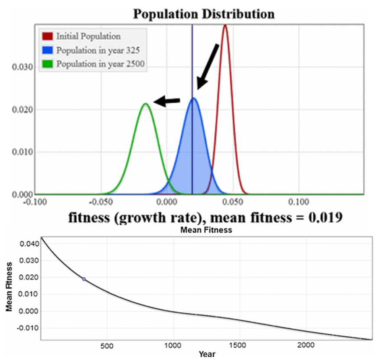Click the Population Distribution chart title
click(203, 14)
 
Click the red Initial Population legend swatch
click(47, 36)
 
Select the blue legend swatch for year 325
click(47, 50)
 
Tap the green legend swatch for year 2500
click(47, 64)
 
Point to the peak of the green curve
click(146, 104)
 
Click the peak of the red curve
click(225, 26)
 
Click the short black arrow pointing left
click(167, 101)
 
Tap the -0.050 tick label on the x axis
click(101, 202)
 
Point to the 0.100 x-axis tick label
click(299, 202)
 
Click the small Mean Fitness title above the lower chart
click(206, 230)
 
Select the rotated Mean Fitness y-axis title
click(9, 288)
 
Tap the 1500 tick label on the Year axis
click(238, 346)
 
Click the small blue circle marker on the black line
click(84, 279)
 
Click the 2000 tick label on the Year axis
click(306, 346)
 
